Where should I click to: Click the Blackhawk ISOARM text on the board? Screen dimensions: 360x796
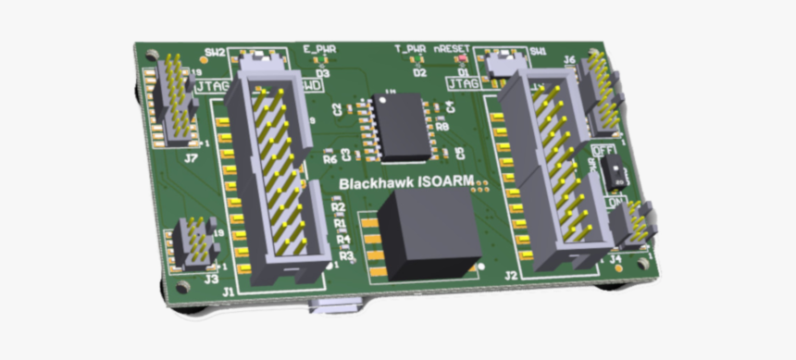(x=406, y=183)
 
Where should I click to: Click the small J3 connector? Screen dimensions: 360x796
(x=196, y=243)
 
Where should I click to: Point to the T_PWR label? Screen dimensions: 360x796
(x=409, y=48)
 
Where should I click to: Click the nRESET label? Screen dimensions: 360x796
(x=452, y=48)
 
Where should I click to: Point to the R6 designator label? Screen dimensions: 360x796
(x=330, y=159)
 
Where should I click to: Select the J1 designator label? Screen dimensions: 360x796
(x=228, y=292)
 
